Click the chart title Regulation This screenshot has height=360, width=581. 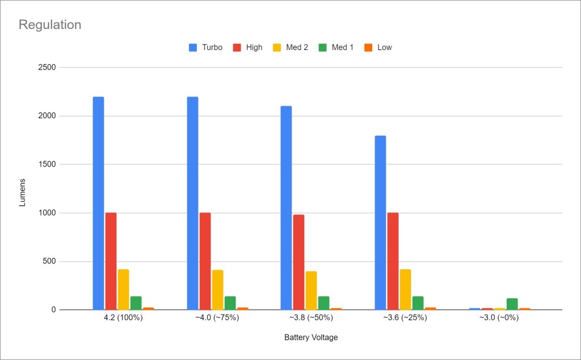pyautogui.click(x=50, y=25)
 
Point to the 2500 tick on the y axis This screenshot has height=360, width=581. pyautogui.click(x=46, y=68)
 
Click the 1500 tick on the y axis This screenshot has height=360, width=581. pyautogui.click(x=46, y=165)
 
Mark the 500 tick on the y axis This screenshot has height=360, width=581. pyautogui.click(x=48, y=262)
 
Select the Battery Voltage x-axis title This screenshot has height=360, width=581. pyautogui.click(x=311, y=338)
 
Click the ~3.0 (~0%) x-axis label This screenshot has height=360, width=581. pyautogui.click(x=499, y=318)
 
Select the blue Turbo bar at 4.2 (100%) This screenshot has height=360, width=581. pyautogui.click(x=98, y=203)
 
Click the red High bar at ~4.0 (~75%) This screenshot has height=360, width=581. pyautogui.click(x=205, y=261)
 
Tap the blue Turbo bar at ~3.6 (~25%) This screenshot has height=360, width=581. pyautogui.click(x=380, y=223)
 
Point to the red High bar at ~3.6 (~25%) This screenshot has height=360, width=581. pyautogui.click(x=393, y=261)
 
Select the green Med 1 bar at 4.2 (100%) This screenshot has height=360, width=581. pyautogui.click(x=136, y=303)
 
